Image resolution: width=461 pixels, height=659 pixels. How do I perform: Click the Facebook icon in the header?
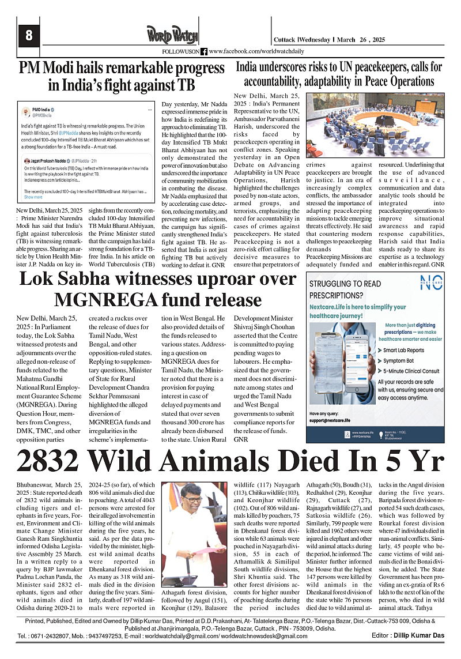pos(204,51)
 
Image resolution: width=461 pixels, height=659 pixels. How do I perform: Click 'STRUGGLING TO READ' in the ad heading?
pos(345,284)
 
